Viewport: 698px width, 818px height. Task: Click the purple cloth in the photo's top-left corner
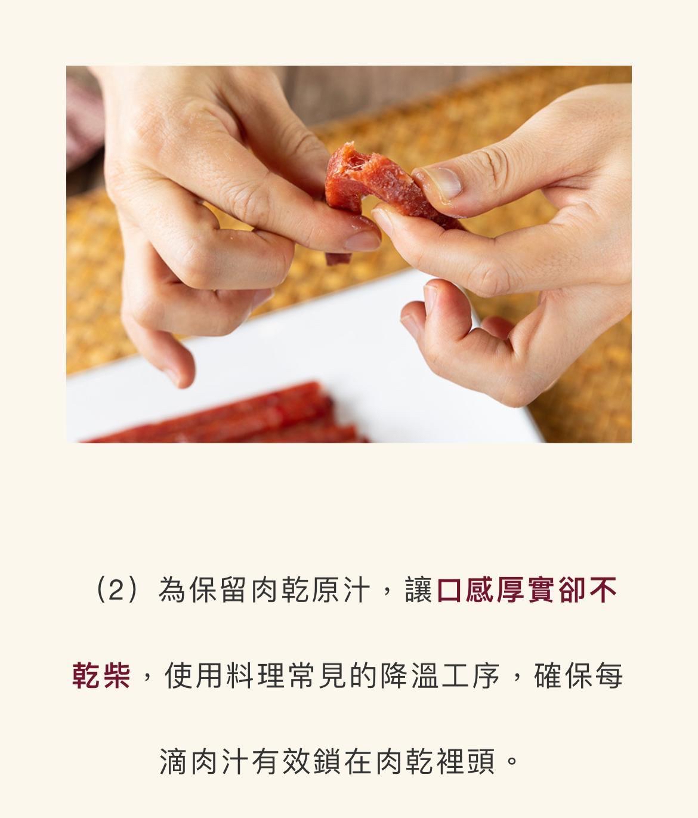81,119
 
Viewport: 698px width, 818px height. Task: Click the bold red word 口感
466,591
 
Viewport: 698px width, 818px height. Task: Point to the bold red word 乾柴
101,676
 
